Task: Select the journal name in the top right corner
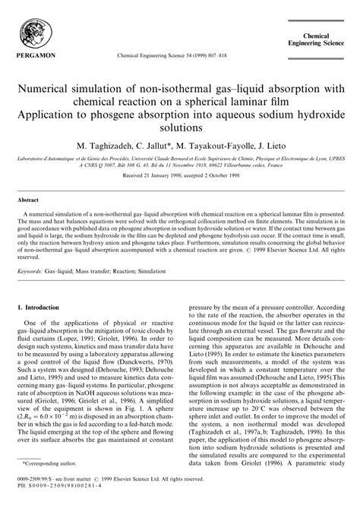[320, 40]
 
